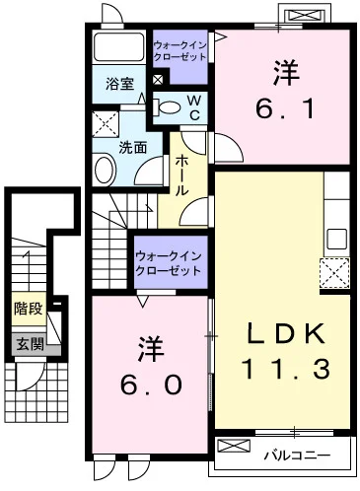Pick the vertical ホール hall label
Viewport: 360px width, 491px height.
click(182, 175)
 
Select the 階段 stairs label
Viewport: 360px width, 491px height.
click(28, 309)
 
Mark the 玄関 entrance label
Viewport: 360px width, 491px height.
click(28, 343)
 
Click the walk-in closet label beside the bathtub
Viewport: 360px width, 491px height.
click(180, 51)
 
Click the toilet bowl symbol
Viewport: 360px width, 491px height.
click(168, 107)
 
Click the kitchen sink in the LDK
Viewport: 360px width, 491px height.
click(336, 238)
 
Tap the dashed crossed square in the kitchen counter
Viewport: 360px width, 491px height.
click(334, 271)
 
